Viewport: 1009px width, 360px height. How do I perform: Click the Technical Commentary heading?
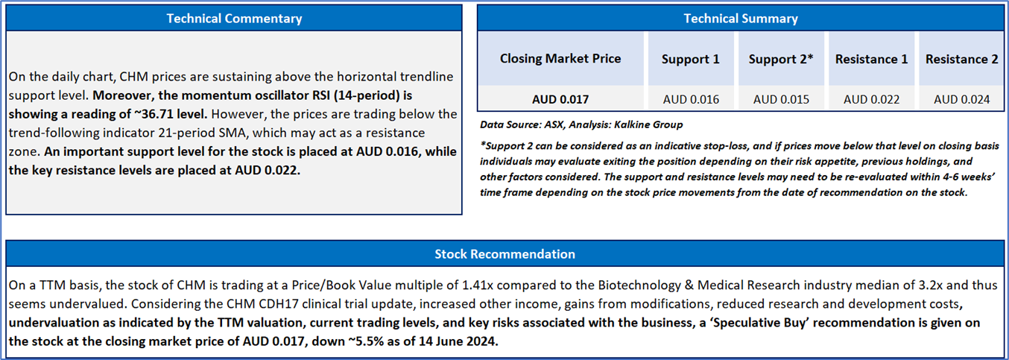(234, 19)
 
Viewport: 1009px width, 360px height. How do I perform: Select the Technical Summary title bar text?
(741, 19)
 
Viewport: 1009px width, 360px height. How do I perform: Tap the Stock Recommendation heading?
(505, 254)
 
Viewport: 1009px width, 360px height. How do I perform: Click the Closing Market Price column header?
(560, 59)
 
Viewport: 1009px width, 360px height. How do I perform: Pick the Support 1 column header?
(691, 59)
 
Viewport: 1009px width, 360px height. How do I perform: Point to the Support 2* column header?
(781, 59)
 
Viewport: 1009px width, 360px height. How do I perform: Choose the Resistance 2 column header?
(962, 59)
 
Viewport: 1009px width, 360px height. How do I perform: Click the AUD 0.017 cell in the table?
(560, 99)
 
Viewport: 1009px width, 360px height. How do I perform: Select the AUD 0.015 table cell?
(781, 99)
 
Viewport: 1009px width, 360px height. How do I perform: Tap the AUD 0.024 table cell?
(962, 99)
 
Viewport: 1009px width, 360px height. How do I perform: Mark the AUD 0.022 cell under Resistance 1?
(871, 99)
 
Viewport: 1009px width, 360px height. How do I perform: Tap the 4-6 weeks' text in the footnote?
(969, 177)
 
